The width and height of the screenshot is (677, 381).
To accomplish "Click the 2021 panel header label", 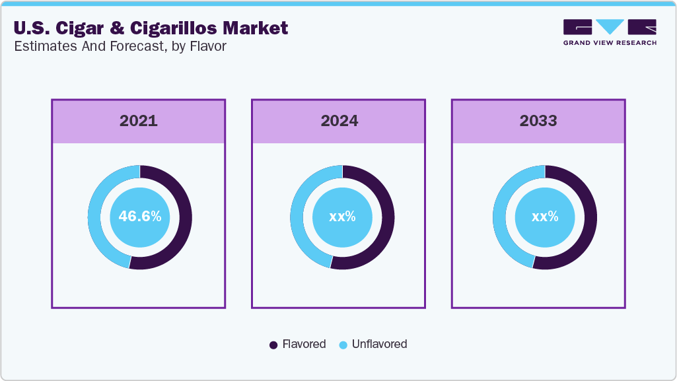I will [x=139, y=121].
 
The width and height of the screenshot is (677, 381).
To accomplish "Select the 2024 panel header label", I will [x=339, y=121].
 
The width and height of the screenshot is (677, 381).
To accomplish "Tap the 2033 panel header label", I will [x=538, y=121].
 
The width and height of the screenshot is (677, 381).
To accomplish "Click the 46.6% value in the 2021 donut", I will [x=139, y=217].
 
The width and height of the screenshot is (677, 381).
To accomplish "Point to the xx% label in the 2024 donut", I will [x=342, y=217].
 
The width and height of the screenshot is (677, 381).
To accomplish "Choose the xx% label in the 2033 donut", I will [x=545, y=217].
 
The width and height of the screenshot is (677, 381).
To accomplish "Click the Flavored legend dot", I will [x=273, y=345].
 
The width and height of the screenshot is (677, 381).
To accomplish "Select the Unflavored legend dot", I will [x=343, y=345].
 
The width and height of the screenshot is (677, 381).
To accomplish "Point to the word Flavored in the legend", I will [x=304, y=344].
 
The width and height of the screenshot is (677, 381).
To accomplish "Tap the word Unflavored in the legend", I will [x=379, y=344].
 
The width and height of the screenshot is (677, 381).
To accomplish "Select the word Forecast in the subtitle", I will [x=114, y=48].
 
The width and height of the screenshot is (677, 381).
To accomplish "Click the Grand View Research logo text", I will [x=610, y=43].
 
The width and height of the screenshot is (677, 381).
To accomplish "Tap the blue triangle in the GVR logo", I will [x=610, y=26].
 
